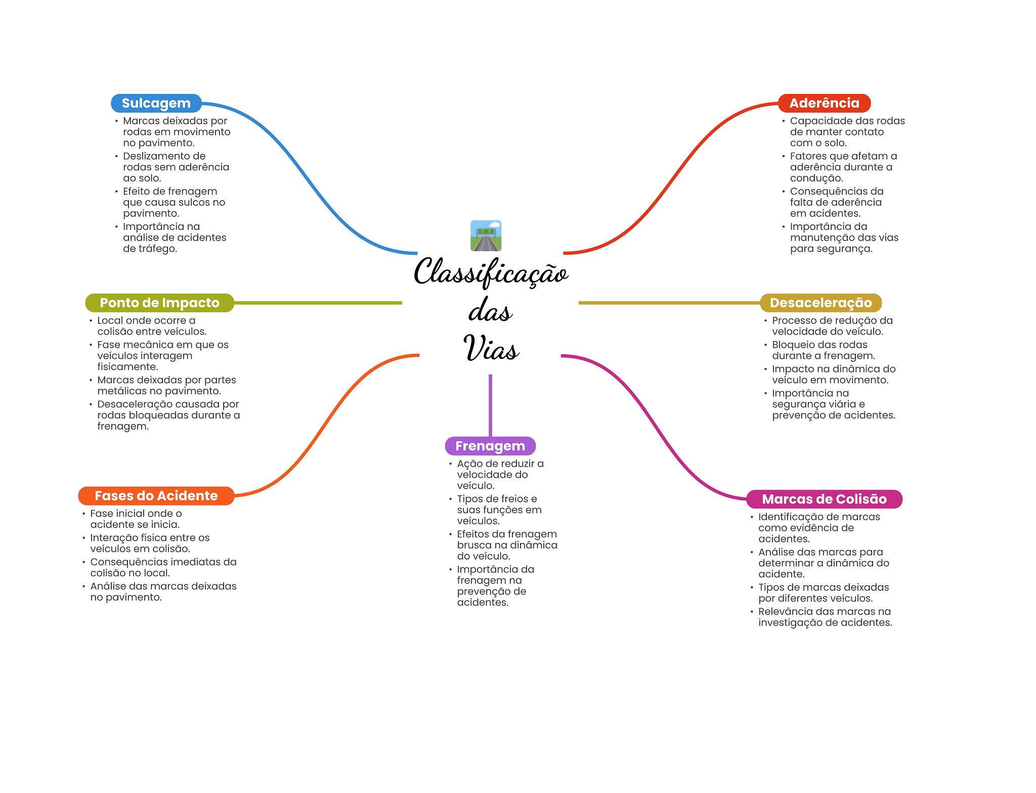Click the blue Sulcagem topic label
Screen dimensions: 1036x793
pyautogui.click(x=156, y=103)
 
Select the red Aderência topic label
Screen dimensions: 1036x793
pyautogui.click(x=824, y=103)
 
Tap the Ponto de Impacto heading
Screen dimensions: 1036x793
pyautogui.click(x=160, y=303)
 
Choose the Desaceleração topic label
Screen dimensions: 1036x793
pyautogui.click(x=821, y=303)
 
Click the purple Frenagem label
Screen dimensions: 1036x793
pyautogui.click(x=490, y=446)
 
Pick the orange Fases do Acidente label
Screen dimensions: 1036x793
pyautogui.click(x=156, y=496)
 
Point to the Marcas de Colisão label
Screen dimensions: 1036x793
pyautogui.click(x=825, y=499)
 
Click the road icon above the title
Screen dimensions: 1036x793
pyautogui.click(x=486, y=236)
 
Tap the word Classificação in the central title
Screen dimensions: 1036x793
pyautogui.click(x=491, y=272)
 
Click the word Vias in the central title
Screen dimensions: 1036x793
pyautogui.click(x=491, y=348)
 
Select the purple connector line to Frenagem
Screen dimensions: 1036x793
pyautogui.click(x=490, y=405)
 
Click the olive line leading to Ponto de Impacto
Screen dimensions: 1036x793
pyautogui.click(x=318, y=303)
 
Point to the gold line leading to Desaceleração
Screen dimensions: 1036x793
pyautogui.click(x=669, y=303)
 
